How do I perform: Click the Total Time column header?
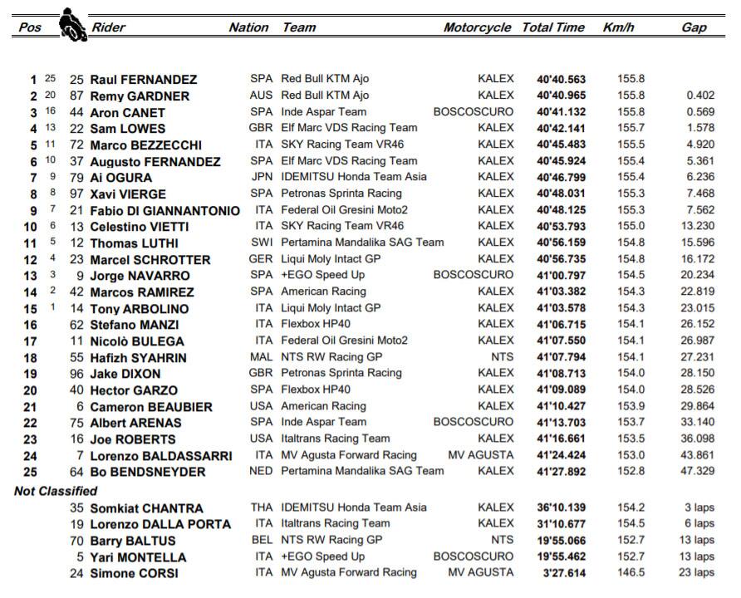pyautogui.click(x=553, y=27)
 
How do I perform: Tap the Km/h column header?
pyautogui.click(x=618, y=27)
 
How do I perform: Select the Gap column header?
pyautogui.click(x=694, y=27)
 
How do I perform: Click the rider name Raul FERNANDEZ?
pyautogui.click(x=144, y=80)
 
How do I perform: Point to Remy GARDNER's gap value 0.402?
pyautogui.click(x=700, y=96)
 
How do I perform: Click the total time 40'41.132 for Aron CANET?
pyautogui.click(x=561, y=112)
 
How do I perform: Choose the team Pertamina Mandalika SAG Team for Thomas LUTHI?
pyautogui.click(x=362, y=243)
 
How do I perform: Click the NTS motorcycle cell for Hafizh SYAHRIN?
pyautogui.click(x=502, y=357)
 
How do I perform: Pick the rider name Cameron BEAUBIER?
pyautogui.click(x=151, y=406)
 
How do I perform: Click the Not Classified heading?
pyautogui.click(x=56, y=491)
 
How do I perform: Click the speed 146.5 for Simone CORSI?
pyautogui.click(x=631, y=572)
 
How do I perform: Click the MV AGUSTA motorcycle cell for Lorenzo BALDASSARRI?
pyautogui.click(x=480, y=455)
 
